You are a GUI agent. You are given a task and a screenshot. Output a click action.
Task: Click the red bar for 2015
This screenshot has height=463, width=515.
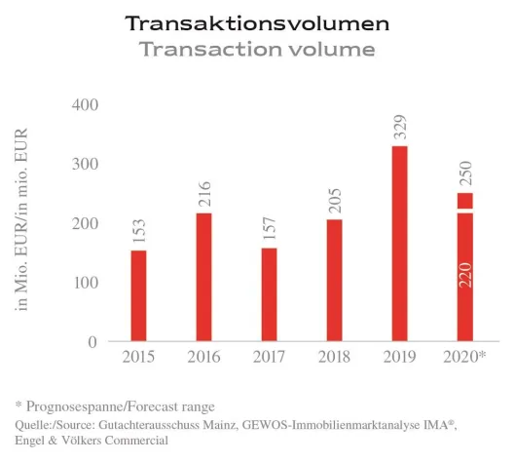coord(138,295)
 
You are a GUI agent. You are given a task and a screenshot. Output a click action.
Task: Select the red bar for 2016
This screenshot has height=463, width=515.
coord(203,277)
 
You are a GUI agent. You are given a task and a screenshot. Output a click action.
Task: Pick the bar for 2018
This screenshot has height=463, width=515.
coord(334,281)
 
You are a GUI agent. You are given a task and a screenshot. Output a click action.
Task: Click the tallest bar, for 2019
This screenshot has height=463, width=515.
coord(399,244)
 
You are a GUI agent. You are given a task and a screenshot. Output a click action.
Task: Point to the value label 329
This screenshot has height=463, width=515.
coord(399,128)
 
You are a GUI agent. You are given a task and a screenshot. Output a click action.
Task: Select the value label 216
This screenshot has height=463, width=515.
coord(203,194)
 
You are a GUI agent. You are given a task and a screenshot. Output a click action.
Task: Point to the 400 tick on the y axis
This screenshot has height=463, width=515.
coord(85,104)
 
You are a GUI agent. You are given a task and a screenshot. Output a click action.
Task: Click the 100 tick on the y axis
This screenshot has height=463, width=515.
coord(85,283)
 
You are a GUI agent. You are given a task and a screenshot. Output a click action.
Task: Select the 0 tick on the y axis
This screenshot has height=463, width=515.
coord(92,342)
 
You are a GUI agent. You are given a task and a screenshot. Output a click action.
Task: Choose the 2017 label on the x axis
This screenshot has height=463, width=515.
coord(269,359)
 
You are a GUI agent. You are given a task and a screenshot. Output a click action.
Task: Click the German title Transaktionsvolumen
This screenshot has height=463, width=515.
coord(257,21)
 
